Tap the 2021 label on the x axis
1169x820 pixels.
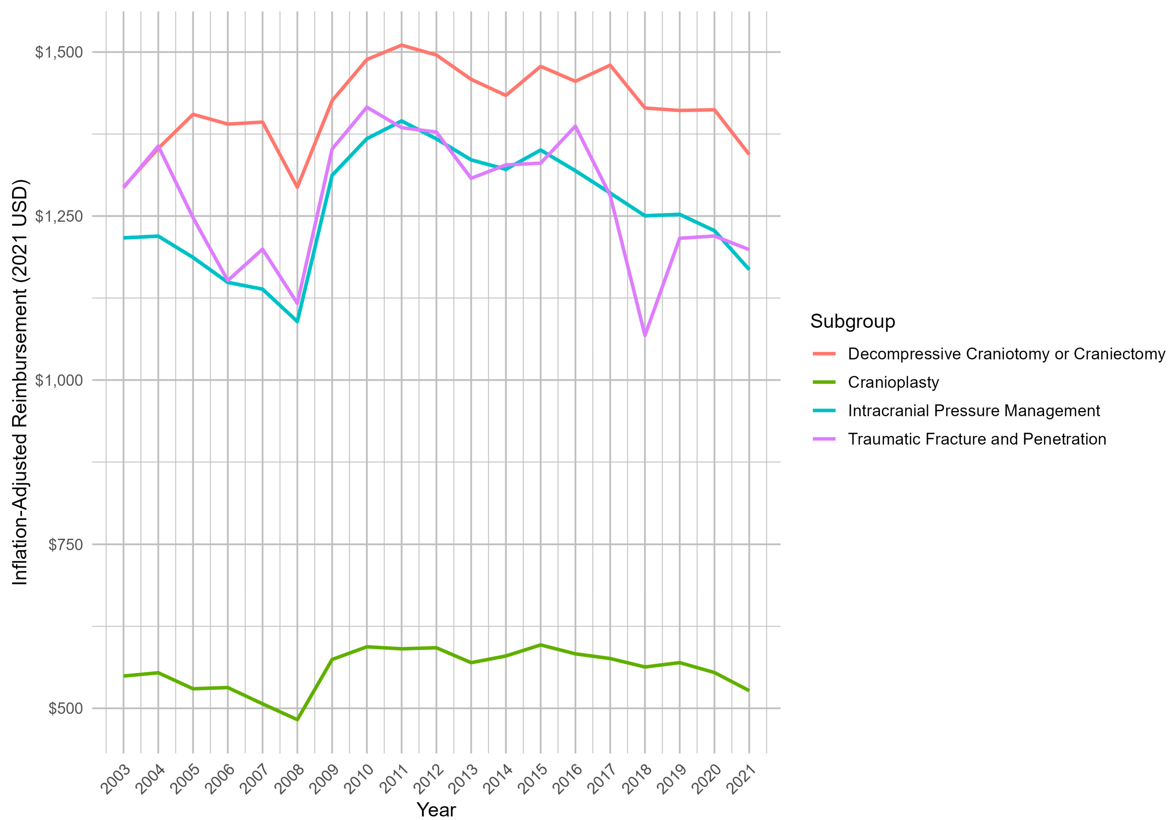point(741,778)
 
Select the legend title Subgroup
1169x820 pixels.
point(852,321)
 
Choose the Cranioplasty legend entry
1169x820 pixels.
point(893,382)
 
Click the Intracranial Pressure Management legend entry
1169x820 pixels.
point(973,411)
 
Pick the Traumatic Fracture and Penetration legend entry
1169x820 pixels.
point(976,439)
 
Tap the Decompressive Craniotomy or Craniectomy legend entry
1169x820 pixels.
point(1006,354)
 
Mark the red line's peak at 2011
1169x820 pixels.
point(402,45)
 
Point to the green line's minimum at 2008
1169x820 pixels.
point(297,720)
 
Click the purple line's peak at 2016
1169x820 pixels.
point(575,126)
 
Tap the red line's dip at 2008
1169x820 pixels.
point(297,187)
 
